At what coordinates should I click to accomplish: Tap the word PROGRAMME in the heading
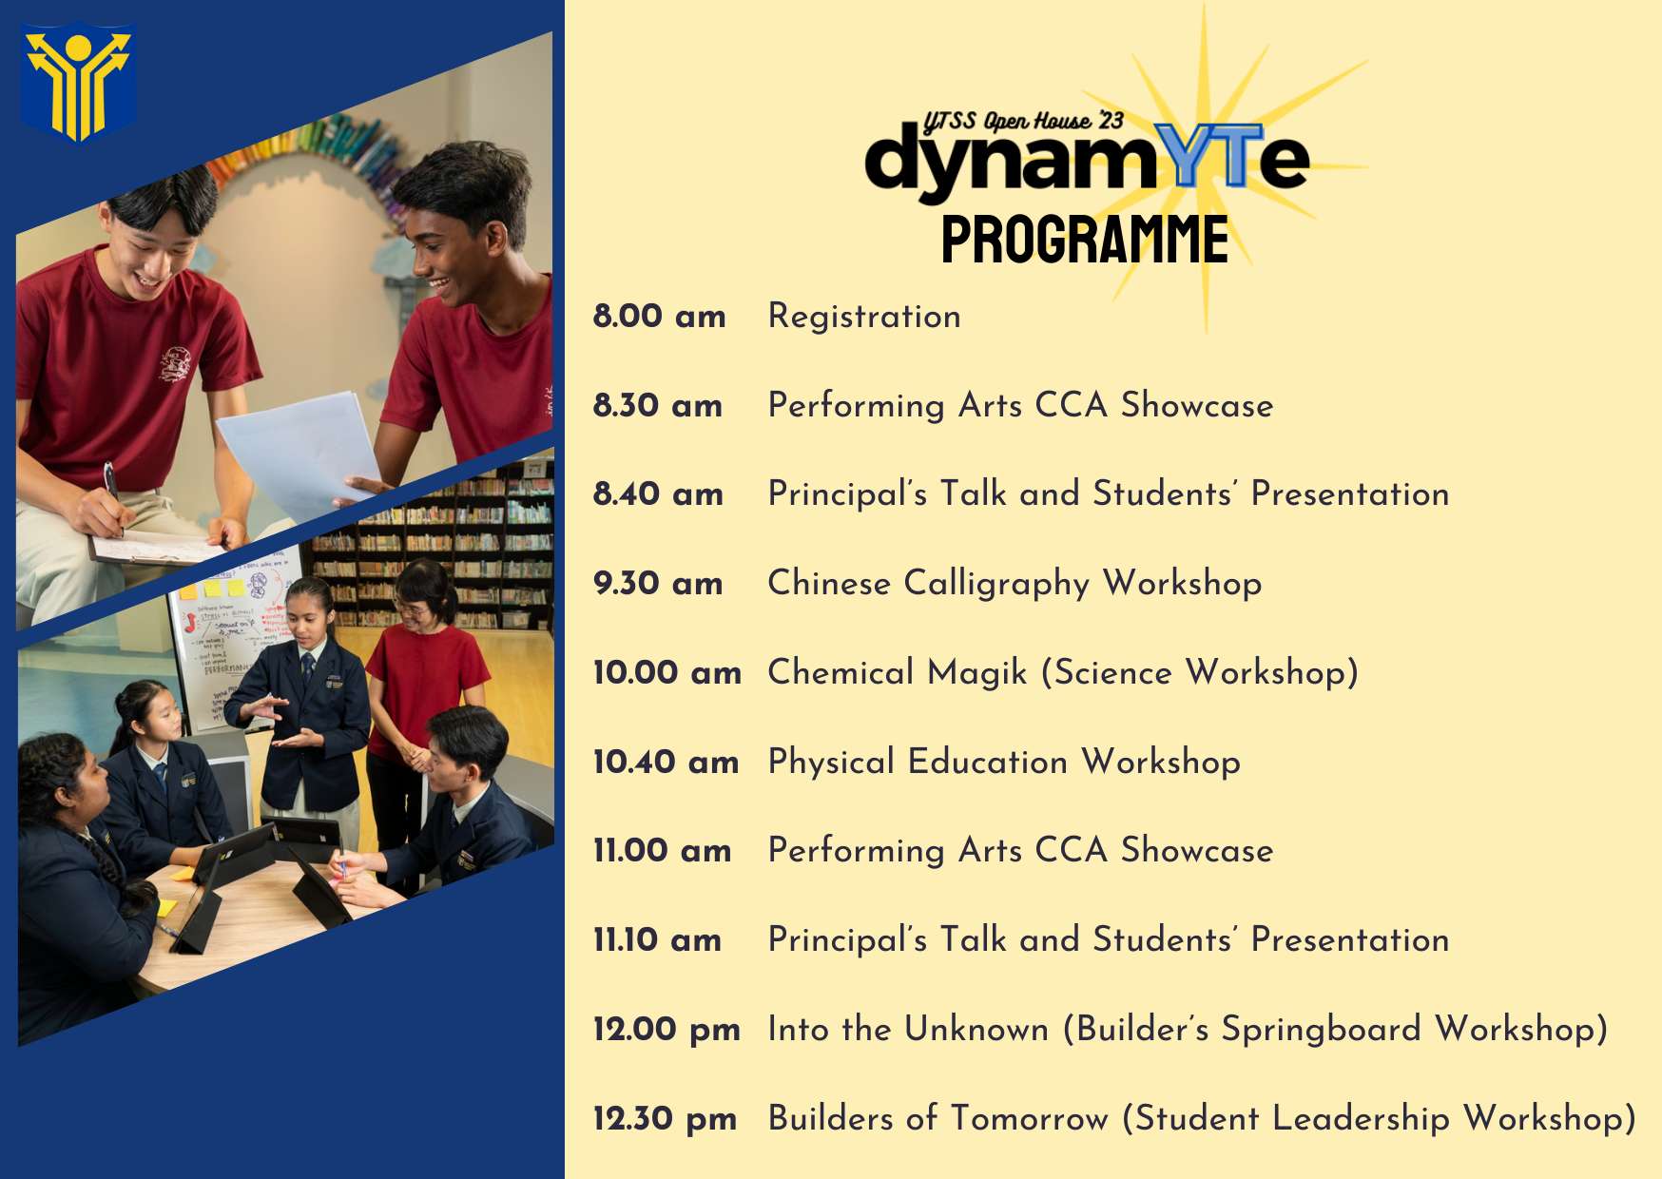pyautogui.click(x=1085, y=239)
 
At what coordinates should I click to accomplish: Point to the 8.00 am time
pyautogui.click(x=659, y=316)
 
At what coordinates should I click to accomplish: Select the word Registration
pyautogui.click(x=864, y=317)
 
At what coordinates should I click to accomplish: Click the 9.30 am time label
pyautogui.click(x=658, y=583)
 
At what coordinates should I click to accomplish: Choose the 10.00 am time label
pyautogui.click(x=667, y=672)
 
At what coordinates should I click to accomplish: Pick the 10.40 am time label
pyautogui.click(x=666, y=762)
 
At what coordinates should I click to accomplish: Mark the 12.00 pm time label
pyautogui.click(x=667, y=1030)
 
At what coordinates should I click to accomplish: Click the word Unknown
pyautogui.click(x=976, y=1029)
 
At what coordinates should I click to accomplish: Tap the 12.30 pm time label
pyautogui.click(x=665, y=1119)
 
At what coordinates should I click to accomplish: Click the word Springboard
pyautogui.click(x=1321, y=1030)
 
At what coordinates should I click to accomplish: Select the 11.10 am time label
pyautogui.click(x=657, y=940)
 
